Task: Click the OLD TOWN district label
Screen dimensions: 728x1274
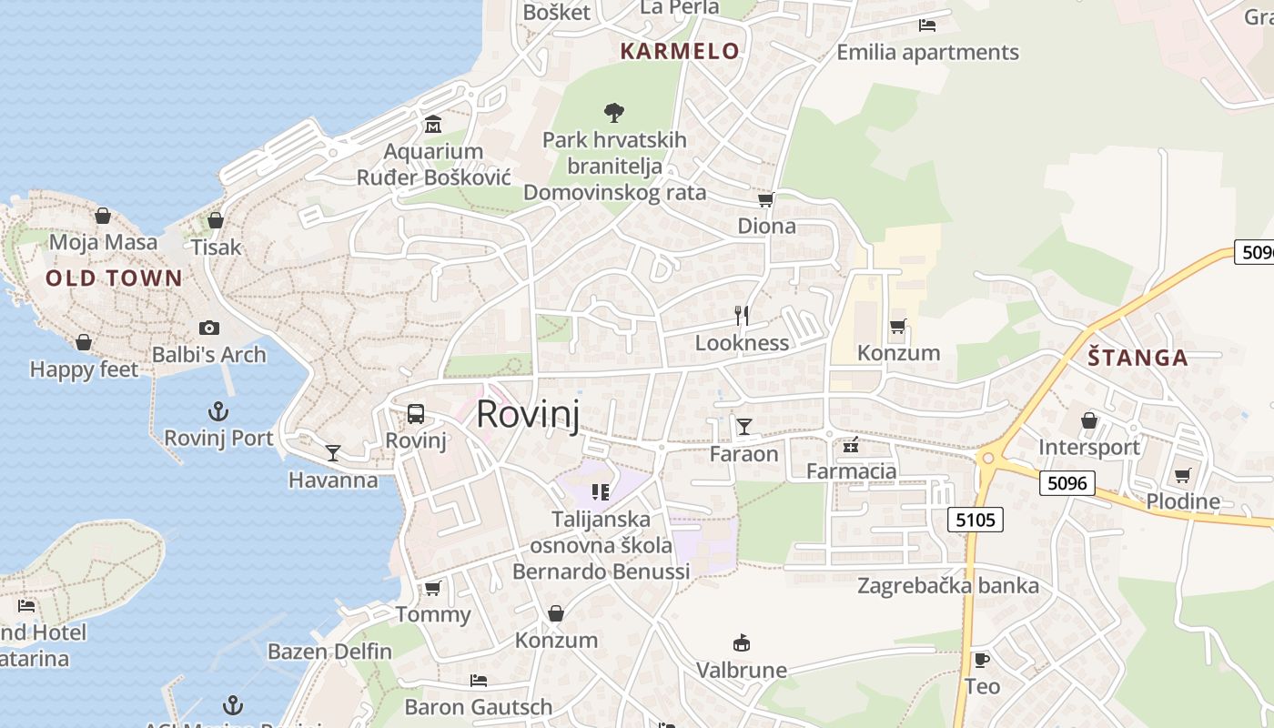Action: click(114, 278)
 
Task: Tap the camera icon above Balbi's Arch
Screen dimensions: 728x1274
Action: click(209, 328)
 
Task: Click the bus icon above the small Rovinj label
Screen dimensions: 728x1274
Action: click(416, 414)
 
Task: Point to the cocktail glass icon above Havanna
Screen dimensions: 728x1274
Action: click(333, 452)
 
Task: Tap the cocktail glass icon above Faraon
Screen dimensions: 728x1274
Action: click(744, 426)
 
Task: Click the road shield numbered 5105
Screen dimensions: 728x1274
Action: click(975, 520)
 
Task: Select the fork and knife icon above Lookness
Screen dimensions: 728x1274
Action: click(742, 316)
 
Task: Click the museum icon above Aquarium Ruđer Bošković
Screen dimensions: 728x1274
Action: click(433, 124)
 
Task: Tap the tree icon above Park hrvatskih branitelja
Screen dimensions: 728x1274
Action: click(614, 113)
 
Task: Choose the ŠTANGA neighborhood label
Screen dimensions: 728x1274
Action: click(1137, 358)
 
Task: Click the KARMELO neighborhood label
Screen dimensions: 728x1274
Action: click(680, 51)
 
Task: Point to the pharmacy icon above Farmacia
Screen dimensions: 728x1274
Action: click(852, 445)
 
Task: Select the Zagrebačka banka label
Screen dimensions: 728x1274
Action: click(947, 585)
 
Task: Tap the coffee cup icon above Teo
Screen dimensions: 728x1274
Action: click(981, 660)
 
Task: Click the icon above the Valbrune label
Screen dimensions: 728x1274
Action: click(742, 643)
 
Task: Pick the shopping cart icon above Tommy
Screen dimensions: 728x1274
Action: click(433, 588)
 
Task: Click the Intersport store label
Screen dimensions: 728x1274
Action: click(1089, 447)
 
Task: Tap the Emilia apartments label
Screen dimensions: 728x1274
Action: click(927, 52)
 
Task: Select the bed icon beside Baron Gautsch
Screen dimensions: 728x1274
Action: click(479, 680)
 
